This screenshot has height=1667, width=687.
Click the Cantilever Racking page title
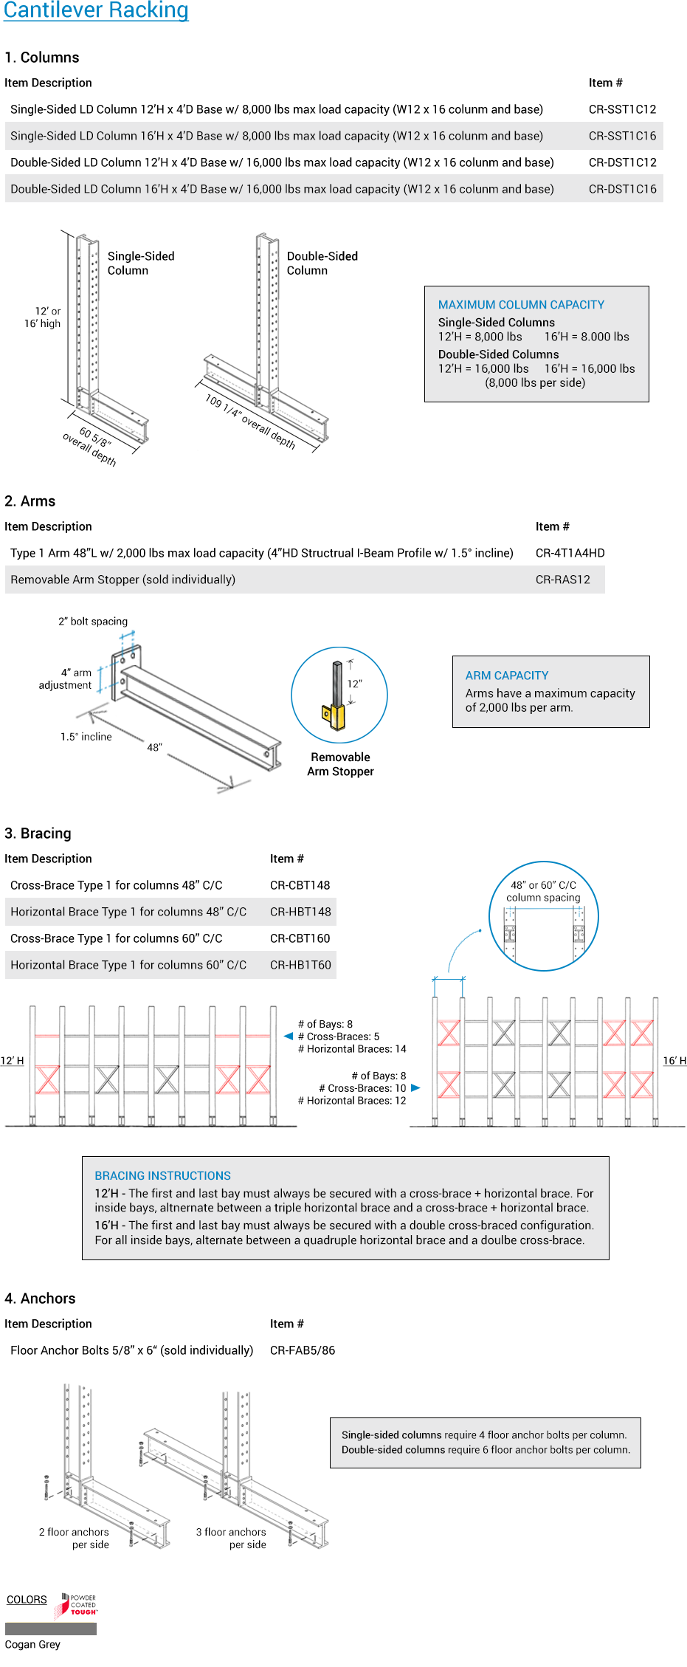point(96,10)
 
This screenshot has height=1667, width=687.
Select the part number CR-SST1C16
point(622,136)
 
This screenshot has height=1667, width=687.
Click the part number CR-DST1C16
point(622,189)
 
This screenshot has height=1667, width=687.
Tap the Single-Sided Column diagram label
point(141,263)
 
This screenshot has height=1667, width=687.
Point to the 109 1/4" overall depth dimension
point(250,422)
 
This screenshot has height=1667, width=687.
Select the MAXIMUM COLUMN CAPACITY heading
point(521,305)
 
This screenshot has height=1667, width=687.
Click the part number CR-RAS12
point(562,580)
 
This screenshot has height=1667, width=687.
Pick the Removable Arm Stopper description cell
point(123,580)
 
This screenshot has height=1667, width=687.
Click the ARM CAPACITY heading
point(507,676)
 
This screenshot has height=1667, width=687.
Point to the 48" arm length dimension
point(154,747)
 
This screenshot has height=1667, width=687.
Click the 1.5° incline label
point(86,737)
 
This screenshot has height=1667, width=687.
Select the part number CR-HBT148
point(300,912)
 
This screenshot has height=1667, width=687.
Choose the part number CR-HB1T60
point(300,965)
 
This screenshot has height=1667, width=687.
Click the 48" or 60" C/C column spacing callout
point(543,891)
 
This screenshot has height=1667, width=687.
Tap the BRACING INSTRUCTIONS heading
point(162,1175)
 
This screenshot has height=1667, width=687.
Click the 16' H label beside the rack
point(674,1061)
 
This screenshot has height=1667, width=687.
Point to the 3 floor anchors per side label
point(231,1538)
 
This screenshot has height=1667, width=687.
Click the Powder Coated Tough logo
point(79,1605)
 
